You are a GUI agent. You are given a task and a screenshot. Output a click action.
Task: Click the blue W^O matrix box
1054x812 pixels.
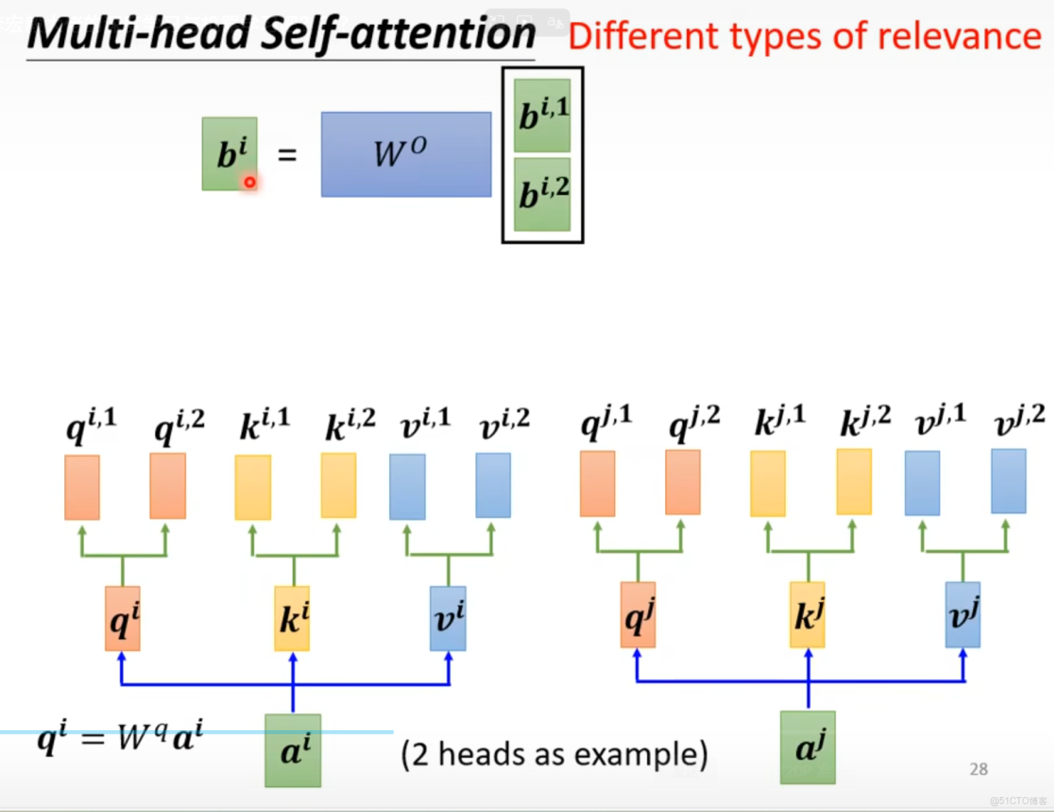[x=406, y=154]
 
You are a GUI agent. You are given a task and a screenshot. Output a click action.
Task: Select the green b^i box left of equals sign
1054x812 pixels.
[x=229, y=154]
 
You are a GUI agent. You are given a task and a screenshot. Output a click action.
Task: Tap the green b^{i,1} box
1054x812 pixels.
[x=542, y=115]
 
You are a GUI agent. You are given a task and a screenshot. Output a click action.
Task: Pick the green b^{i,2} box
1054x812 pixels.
[x=542, y=194]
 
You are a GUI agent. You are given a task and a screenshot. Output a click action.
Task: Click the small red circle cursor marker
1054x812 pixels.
[x=250, y=182]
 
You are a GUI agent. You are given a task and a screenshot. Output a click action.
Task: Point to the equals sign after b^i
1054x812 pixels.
[x=286, y=155]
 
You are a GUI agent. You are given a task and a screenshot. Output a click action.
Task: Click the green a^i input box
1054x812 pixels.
[x=293, y=750]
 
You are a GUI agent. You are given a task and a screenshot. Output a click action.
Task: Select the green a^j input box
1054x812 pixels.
[x=807, y=747]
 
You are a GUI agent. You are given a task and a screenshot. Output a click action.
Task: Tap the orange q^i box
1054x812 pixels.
[x=123, y=618]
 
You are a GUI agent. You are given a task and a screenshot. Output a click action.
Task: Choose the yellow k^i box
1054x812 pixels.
[x=292, y=618]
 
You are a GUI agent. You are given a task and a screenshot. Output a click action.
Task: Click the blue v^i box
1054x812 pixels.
[x=448, y=618]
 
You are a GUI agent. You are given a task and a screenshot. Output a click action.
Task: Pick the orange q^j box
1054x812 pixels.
[x=637, y=615]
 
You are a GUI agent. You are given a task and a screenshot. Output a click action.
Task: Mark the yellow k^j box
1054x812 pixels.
[x=807, y=615]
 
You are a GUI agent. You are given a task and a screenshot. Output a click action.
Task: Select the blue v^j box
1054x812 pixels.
[x=962, y=615]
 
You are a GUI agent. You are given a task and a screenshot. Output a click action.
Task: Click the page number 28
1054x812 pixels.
[x=978, y=769]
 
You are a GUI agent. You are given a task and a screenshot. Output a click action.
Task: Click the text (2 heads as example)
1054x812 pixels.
[x=555, y=755]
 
